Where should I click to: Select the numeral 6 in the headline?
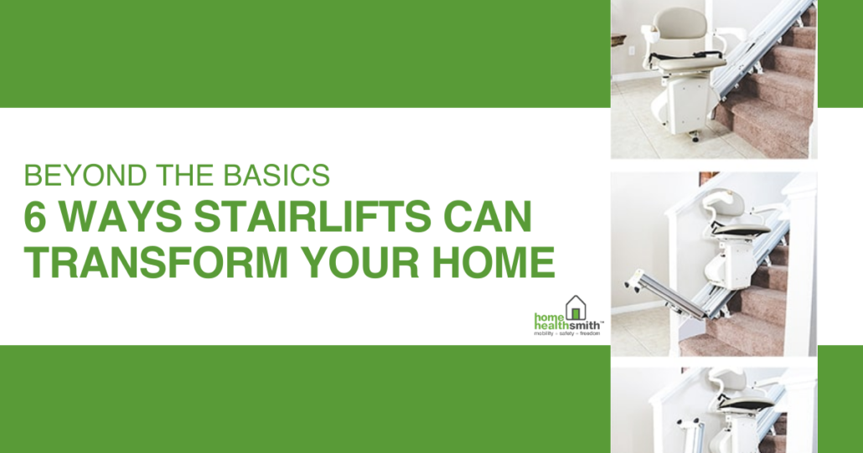point(34,217)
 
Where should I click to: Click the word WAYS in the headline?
point(119,217)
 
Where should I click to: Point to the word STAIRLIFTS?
point(313,217)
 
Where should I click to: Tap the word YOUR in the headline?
point(360,262)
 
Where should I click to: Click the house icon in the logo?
point(576,308)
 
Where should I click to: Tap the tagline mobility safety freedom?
point(567,334)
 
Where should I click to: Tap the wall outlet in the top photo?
point(631,50)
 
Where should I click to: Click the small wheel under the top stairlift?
point(695,138)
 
